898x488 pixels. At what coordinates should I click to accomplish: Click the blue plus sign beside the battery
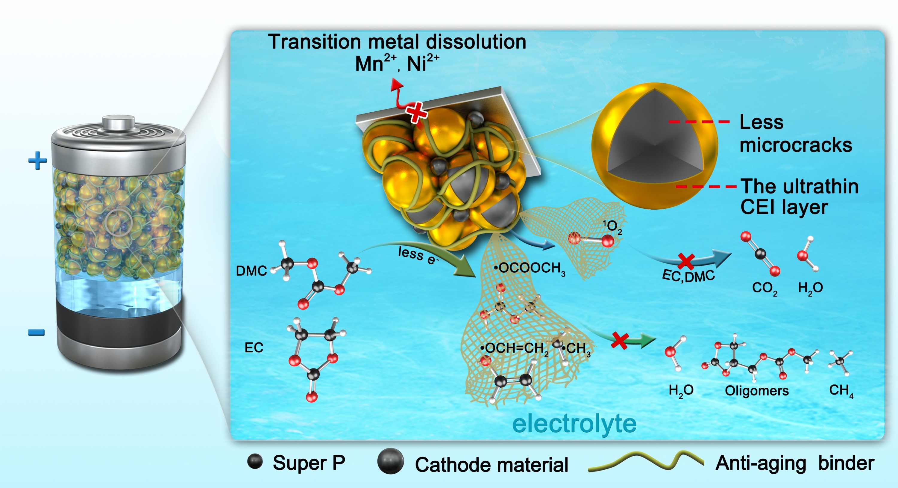[38, 161]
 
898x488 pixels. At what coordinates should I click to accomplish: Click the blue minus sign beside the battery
[36, 333]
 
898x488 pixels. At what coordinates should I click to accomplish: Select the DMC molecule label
[251, 271]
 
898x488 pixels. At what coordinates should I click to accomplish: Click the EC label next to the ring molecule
[254, 348]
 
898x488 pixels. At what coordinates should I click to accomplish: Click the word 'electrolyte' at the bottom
[574, 424]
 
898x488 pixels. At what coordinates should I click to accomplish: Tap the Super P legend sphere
[255, 462]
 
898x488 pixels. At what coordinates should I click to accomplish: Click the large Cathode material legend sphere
[390, 461]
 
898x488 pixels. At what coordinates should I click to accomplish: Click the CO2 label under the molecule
[764, 288]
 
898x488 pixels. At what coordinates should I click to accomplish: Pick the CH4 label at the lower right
[841, 391]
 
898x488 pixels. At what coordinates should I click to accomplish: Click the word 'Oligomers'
[757, 391]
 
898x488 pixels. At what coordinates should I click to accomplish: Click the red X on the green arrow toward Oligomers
[620, 341]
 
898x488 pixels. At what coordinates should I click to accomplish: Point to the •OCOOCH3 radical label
[530, 269]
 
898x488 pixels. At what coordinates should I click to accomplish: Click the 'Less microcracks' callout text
[796, 133]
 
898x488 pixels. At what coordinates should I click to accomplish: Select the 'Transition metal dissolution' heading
[397, 42]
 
